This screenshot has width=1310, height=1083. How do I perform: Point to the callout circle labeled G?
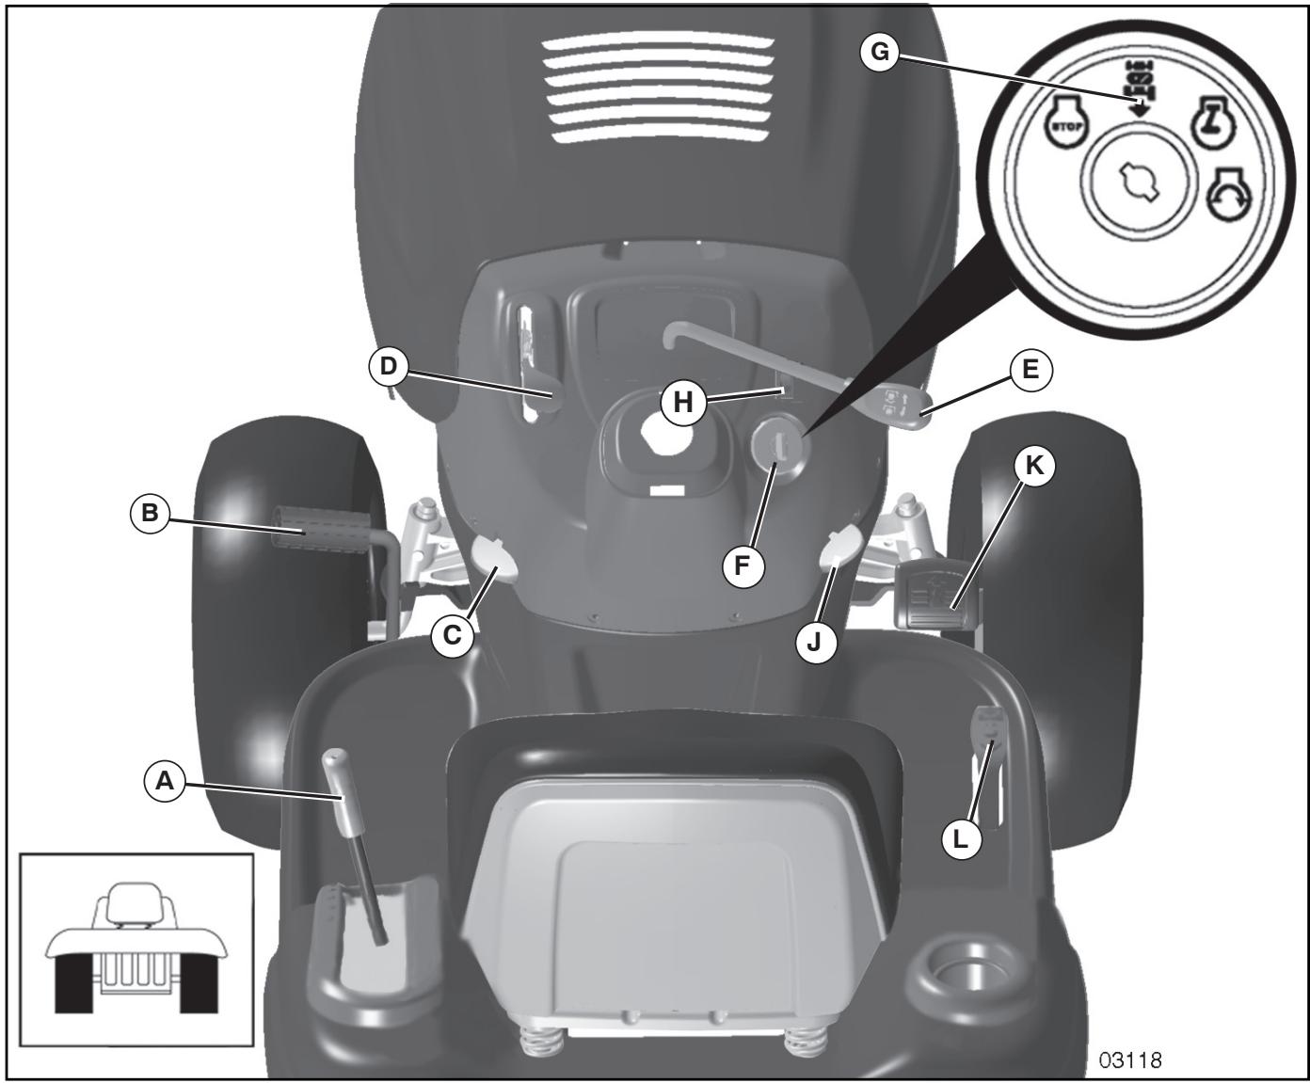pos(881,53)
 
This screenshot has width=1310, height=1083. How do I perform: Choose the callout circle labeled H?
pos(682,402)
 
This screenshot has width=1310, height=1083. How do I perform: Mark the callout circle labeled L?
pos(960,837)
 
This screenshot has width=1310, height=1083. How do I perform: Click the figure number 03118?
pos(1130,1059)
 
